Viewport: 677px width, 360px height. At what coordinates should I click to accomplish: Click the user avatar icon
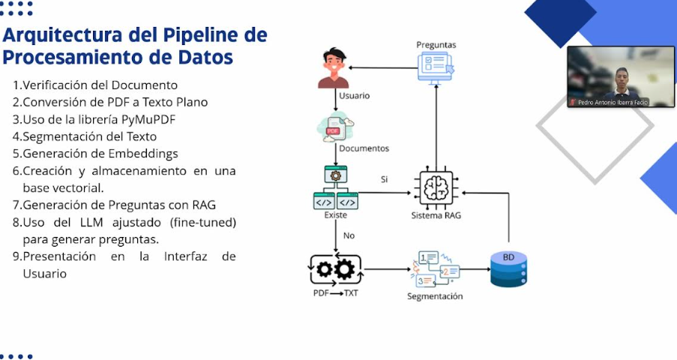(x=334, y=68)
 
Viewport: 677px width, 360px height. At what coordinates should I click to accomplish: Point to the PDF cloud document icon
(x=334, y=127)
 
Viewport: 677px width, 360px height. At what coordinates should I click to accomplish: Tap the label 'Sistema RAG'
(x=436, y=216)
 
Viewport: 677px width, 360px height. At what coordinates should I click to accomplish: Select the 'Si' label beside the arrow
(x=385, y=180)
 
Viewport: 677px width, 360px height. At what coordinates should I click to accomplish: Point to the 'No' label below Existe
(x=349, y=235)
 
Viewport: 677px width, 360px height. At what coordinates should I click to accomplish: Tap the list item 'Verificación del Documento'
(x=95, y=85)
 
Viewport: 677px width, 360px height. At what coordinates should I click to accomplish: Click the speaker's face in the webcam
(x=621, y=77)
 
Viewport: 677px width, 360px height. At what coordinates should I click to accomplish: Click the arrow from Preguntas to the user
(x=382, y=68)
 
